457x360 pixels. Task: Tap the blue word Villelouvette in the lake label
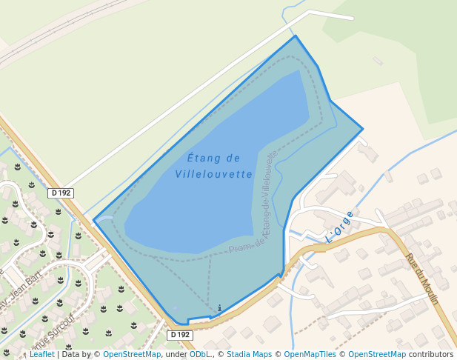click(214, 175)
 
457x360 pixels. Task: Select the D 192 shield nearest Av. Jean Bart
click(61, 193)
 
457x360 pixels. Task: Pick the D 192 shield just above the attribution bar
click(180, 335)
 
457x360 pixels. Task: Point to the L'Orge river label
click(340, 227)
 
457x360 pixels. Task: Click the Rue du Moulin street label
click(422, 279)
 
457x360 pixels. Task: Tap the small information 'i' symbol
click(219, 308)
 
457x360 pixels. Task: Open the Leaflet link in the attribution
click(41, 355)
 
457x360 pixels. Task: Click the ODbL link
click(200, 355)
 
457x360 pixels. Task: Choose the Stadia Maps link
click(248, 355)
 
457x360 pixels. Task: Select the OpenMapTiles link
click(313, 355)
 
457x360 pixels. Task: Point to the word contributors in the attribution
click(431, 355)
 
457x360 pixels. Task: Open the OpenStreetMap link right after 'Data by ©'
click(132, 355)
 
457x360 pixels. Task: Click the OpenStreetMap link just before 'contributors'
click(377, 355)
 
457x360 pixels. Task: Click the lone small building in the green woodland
click(378, 61)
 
